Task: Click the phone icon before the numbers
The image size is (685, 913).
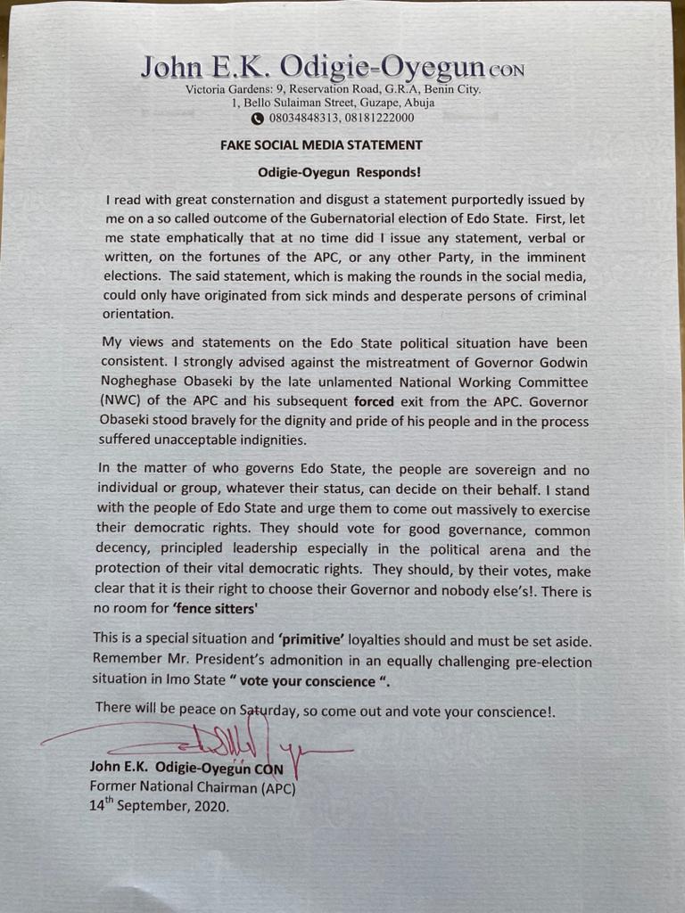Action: click(x=257, y=118)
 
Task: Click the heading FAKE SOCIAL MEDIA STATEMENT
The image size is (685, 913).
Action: click(x=321, y=144)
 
